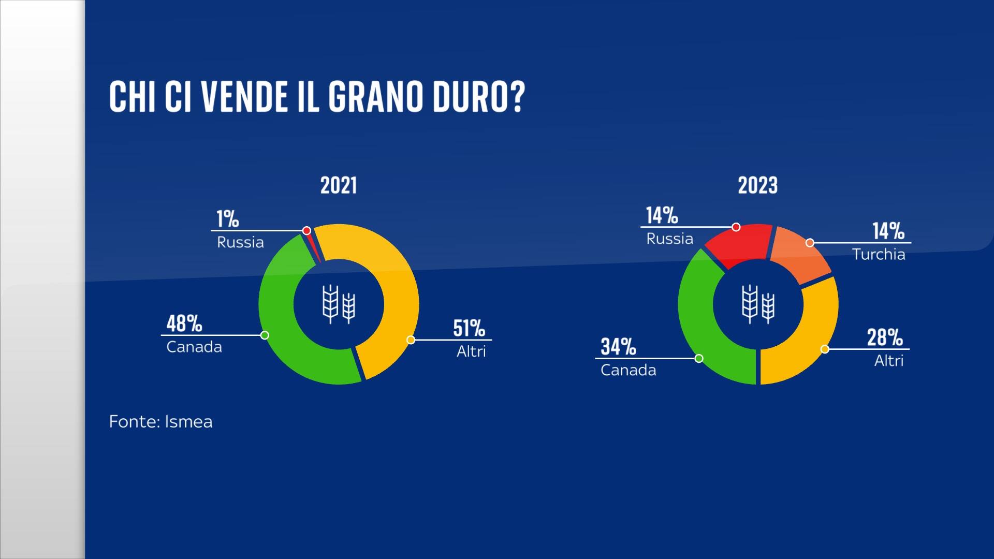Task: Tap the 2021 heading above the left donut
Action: [339, 185]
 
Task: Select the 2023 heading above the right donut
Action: [757, 185]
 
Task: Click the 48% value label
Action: [184, 323]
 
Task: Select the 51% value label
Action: [469, 328]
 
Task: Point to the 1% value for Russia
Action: [228, 219]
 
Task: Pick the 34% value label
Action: [618, 347]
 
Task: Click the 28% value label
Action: [885, 337]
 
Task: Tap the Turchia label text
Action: [879, 254]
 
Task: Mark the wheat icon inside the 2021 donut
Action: [339, 304]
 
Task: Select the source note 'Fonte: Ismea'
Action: [160, 422]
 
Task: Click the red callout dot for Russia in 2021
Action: [306, 230]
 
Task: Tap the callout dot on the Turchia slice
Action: [810, 243]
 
